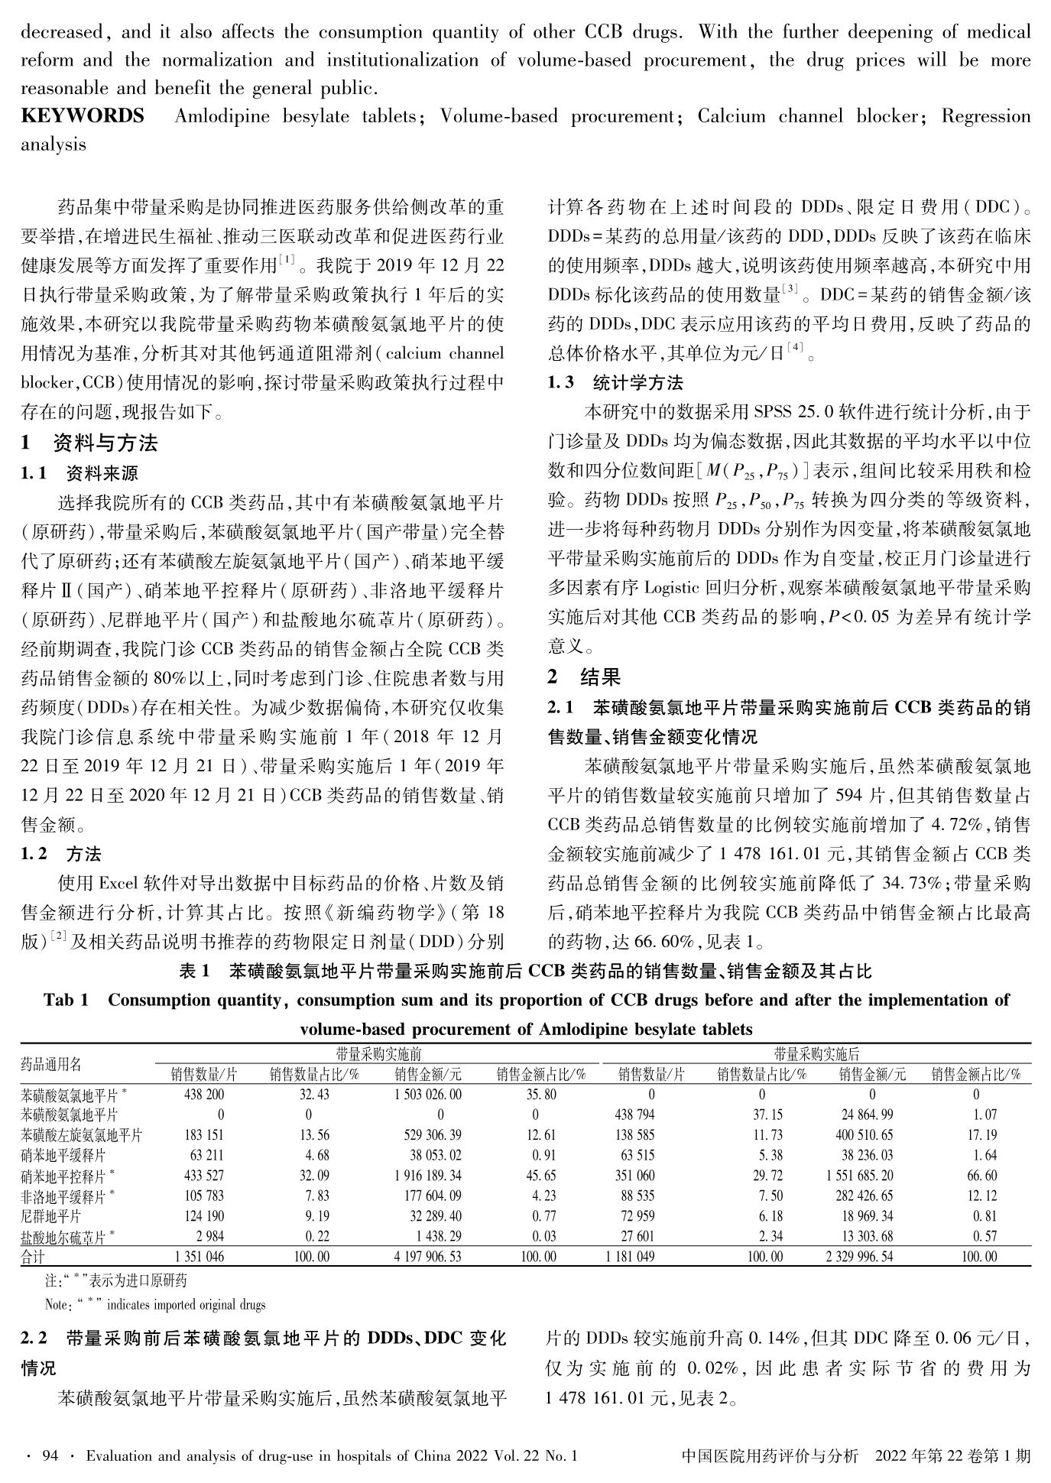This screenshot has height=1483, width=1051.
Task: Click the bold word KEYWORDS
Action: pos(83,116)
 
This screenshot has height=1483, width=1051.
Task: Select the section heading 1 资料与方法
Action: pos(89,443)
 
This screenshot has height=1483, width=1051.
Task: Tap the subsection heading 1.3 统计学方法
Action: pos(615,382)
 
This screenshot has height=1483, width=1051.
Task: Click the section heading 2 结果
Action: pos(585,676)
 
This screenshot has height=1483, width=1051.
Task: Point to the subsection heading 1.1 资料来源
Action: pos(79,474)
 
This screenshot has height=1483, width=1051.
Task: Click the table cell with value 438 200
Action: pos(204,1094)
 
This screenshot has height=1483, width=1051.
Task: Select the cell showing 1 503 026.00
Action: pos(428,1094)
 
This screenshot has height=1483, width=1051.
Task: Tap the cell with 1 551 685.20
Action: pos(860,1175)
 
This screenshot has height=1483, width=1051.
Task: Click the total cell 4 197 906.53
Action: pos(428,1256)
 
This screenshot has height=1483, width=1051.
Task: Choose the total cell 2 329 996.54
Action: pos(859,1256)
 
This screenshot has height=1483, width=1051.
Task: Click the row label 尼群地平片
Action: pos(50,1215)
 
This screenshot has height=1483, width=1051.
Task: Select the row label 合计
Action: pos(33,1256)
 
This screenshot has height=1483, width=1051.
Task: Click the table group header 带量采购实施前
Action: pos(379,1054)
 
